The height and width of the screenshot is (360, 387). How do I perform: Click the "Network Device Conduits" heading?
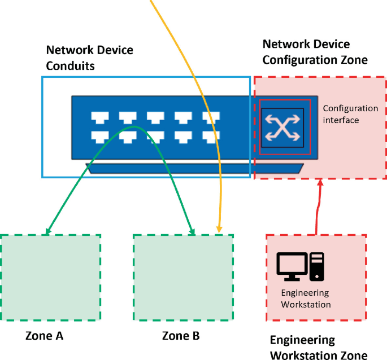click(89, 58)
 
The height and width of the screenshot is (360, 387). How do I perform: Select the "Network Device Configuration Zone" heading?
click(315, 51)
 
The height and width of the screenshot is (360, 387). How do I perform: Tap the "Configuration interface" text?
click(350, 114)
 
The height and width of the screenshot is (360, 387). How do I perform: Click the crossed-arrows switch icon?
click(282, 128)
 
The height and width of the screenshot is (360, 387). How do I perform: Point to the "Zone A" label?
click(44, 336)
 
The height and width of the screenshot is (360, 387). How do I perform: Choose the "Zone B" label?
click(181, 336)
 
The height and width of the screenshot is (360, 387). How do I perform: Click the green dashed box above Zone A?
click(51, 277)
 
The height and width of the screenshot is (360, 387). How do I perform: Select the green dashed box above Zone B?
click(183, 277)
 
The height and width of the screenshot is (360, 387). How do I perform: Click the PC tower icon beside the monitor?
click(318, 266)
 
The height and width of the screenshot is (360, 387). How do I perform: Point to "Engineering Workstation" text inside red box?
click(306, 298)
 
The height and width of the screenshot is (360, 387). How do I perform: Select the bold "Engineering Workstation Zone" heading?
click(318, 348)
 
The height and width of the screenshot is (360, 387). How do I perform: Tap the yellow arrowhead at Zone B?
click(219, 230)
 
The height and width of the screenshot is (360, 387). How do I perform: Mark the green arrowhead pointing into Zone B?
click(193, 231)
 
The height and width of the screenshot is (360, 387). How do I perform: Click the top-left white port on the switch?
click(99, 117)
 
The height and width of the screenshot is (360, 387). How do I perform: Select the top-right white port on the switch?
click(211, 117)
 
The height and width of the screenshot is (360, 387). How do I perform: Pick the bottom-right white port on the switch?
click(211, 135)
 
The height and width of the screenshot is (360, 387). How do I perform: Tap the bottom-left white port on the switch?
click(99, 135)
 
